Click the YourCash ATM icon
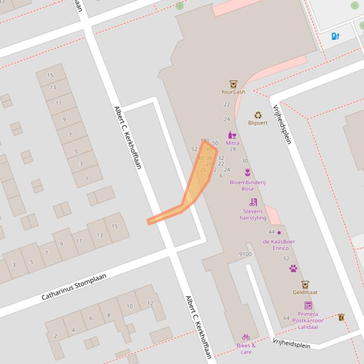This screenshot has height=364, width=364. click(x=233, y=84)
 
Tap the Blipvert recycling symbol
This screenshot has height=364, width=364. click(x=258, y=115)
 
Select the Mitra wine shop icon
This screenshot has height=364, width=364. click(x=232, y=135)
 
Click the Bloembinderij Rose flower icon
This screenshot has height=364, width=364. click(x=247, y=172)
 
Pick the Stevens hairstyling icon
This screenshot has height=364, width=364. click(x=253, y=202)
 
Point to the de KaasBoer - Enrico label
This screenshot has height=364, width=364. click(x=279, y=244)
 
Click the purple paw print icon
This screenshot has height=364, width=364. click(x=293, y=269)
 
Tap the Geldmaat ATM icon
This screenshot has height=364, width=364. click(x=305, y=285)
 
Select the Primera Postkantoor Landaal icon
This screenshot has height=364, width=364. click(x=308, y=305)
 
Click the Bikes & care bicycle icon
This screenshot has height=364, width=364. click(x=246, y=337)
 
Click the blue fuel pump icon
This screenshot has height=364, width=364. click(x=336, y=36)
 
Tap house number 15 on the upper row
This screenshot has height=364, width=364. click(x=50, y=75)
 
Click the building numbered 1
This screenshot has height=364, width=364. click(x=87, y=178)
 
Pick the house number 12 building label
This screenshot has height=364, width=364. click(x=150, y=303)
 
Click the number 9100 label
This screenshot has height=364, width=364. click(x=245, y=254)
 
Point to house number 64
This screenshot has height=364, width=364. click(x=286, y=318)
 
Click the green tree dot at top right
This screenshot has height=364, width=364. click(x=355, y=6)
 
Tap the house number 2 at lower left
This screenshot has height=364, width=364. click(x=55, y=336)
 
